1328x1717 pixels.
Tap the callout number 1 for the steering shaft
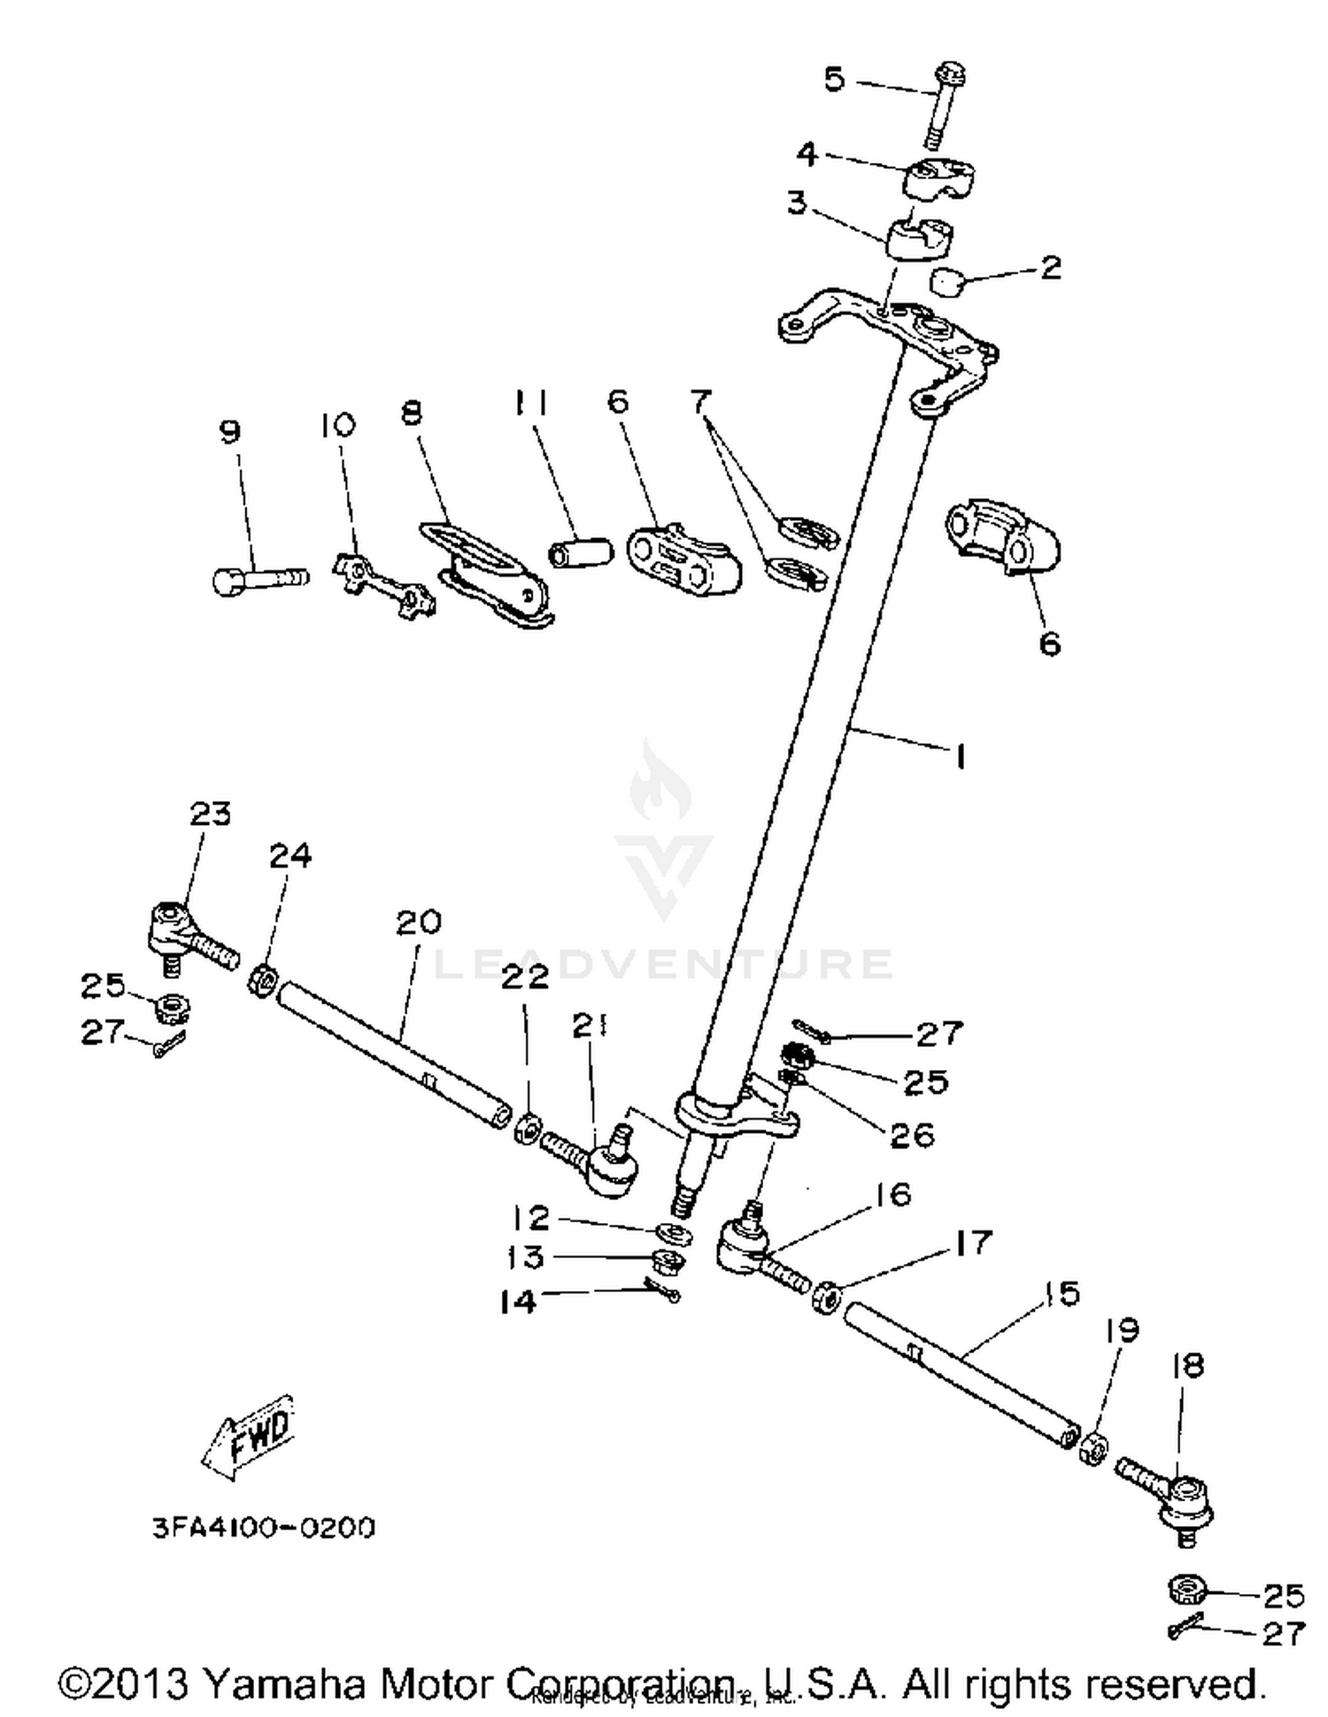pyautogui.click(x=958, y=758)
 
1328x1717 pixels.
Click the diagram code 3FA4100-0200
pyautogui.click(x=264, y=1528)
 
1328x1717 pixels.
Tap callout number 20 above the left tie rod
pyautogui.click(x=418, y=922)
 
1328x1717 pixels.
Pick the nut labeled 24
pyautogui.click(x=264, y=981)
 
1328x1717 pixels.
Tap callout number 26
pyautogui.click(x=912, y=1134)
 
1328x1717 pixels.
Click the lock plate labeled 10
pyautogui.click(x=383, y=584)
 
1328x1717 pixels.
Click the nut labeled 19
pyautogui.click(x=1094, y=1448)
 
